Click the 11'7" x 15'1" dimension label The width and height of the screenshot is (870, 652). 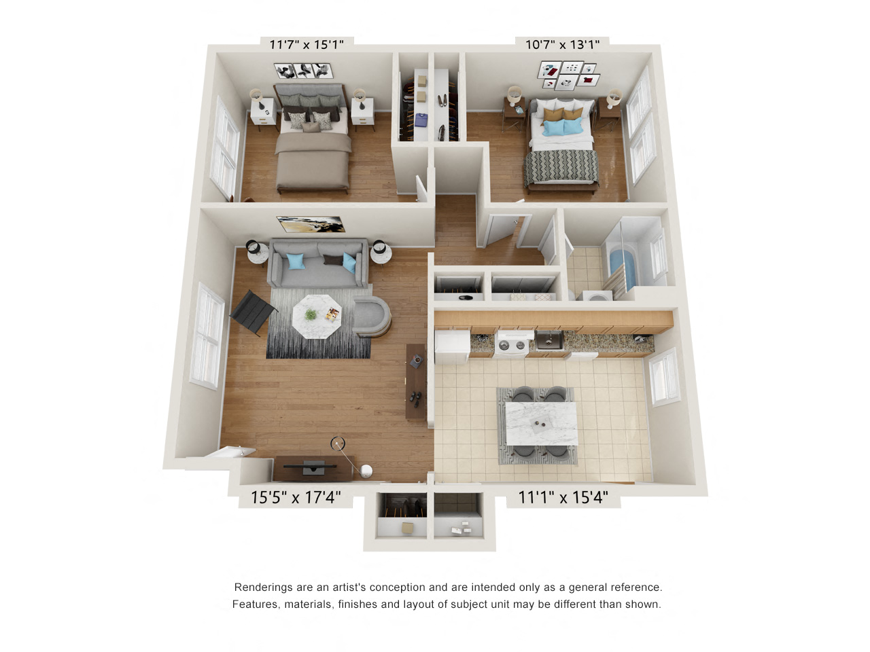point(307,45)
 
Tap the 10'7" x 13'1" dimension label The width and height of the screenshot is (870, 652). point(562,45)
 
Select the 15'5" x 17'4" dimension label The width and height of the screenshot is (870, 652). point(296,498)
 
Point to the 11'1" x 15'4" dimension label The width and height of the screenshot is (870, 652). point(563,498)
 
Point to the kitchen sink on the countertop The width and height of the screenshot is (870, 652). point(549,340)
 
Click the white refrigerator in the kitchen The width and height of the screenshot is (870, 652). point(452,345)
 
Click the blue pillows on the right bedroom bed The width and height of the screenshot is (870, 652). point(563,127)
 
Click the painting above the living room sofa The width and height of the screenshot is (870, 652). point(310,224)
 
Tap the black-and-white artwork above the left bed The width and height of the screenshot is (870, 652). point(302,71)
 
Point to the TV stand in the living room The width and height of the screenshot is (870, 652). point(313,468)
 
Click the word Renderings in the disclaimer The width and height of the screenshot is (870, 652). point(263,587)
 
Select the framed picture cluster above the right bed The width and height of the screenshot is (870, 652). point(569,75)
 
